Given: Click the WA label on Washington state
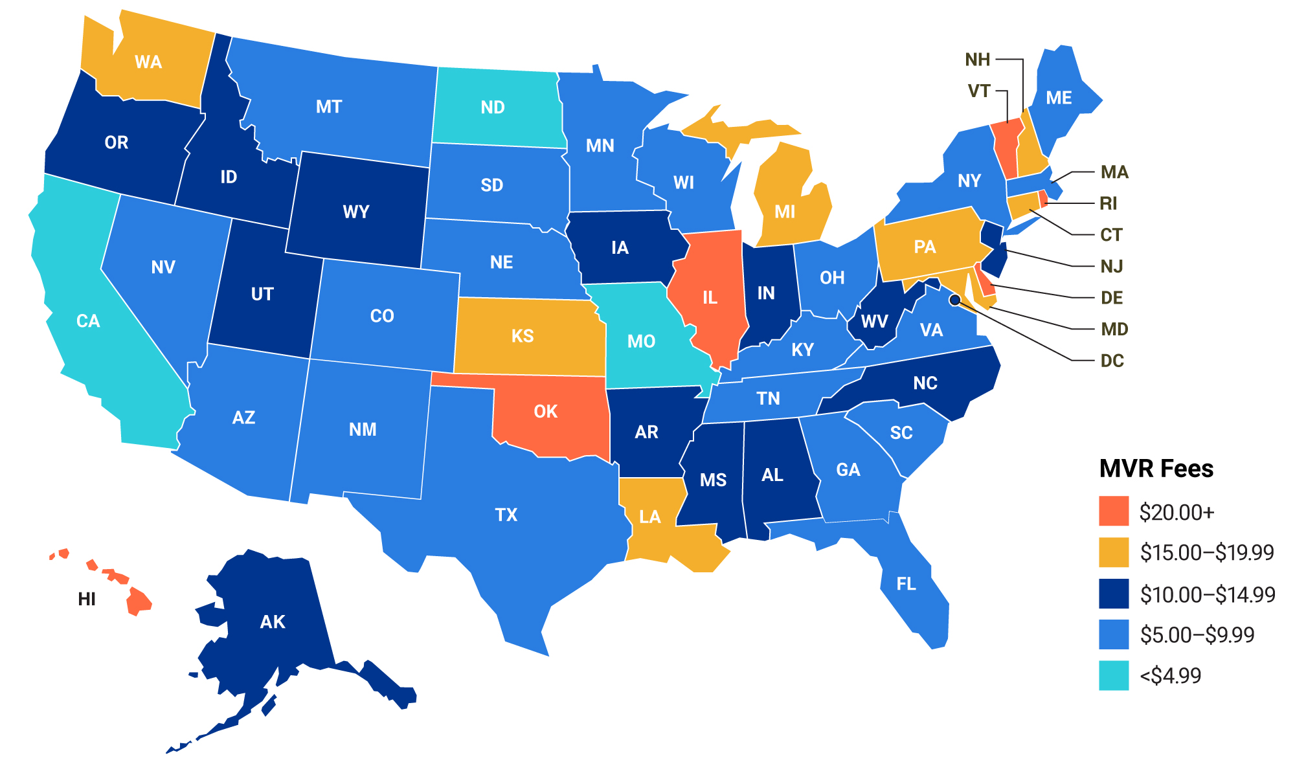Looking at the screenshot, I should tap(148, 62).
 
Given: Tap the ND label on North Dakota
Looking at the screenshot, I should tap(493, 107).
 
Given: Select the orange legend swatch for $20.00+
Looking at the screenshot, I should tap(1114, 511).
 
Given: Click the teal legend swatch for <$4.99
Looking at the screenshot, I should tap(1114, 675).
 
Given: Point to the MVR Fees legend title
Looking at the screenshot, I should tap(1156, 468).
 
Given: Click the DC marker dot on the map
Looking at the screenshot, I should tap(954, 300).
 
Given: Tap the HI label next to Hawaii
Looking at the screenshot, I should tap(87, 599).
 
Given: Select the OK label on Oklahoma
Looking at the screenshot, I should tap(545, 412).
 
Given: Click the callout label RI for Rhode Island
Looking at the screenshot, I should tap(1109, 203).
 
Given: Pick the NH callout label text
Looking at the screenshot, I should tap(977, 60).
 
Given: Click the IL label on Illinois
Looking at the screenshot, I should tap(710, 298).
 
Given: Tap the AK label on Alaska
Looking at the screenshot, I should tap(272, 622).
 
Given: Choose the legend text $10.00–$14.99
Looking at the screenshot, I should tap(1208, 594).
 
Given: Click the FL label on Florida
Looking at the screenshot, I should tap(906, 584).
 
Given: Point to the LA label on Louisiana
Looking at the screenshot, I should tap(649, 517).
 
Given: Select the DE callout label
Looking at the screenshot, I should tap(1112, 298).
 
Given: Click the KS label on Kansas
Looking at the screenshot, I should tap(522, 336).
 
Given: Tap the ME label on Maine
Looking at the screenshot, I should tap(1059, 98).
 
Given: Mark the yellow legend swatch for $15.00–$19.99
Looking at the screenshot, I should tap(1114, 552).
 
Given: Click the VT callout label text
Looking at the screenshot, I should tap(979, 91).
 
